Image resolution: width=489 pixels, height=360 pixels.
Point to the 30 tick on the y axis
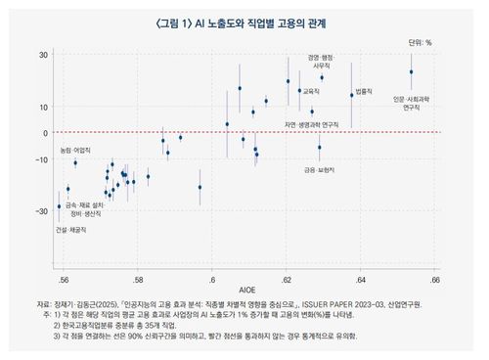click(44, 54)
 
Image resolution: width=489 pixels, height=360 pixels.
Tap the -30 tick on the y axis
click(42, 211)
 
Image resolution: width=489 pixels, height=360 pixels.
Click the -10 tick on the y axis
click(42, 158)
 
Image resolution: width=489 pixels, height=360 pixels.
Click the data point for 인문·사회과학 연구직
click(412, 71)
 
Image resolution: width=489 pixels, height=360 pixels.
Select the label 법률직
click(365, 90)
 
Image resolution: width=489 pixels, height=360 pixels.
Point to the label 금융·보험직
click(320, 169)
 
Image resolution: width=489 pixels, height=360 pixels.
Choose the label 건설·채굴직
click(70, 229)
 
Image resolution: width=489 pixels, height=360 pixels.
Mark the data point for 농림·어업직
click(75, 162)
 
